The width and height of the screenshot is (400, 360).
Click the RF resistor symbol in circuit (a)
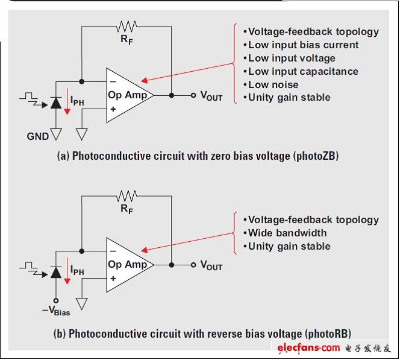point(127,26)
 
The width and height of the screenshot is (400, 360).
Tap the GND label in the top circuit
point(38,136)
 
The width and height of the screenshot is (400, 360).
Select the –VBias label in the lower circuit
point(57,311)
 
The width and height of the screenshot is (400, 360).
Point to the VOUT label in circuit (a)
point(211,96)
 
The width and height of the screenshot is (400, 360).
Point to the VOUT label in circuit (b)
point(211,266)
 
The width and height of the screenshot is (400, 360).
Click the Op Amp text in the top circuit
point(127,95)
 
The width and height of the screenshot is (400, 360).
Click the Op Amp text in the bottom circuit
point(127,265)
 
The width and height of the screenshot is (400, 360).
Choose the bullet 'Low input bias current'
point(303,45)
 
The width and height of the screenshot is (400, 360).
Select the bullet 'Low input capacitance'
point(303,71)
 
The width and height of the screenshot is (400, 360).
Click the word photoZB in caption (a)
point(316,156)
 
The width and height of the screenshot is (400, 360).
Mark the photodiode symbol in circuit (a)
point(57,103)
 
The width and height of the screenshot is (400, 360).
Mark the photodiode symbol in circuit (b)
point(57,273)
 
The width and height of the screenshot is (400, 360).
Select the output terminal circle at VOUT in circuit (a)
point(193,95)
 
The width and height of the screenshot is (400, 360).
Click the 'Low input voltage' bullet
point(292,58)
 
